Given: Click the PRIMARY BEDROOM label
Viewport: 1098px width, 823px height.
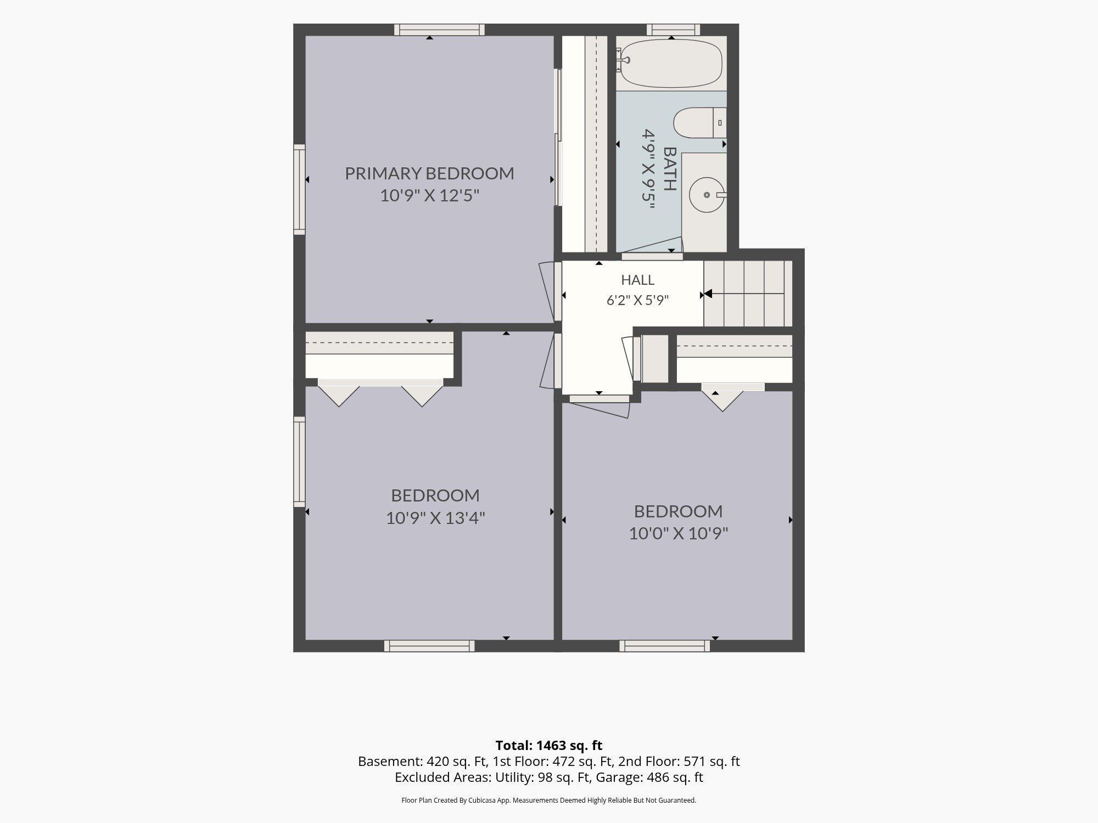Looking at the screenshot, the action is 429,173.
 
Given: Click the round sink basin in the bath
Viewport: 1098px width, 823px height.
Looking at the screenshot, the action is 707,195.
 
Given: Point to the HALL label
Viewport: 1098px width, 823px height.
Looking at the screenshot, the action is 637,280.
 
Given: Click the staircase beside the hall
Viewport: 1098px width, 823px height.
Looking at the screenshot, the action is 748,294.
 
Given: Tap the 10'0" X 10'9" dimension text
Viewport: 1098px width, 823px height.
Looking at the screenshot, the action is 679,533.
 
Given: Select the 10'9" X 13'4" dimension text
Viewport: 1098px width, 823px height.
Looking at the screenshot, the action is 435,518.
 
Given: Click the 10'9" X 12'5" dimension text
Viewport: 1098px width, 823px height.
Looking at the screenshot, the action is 430,196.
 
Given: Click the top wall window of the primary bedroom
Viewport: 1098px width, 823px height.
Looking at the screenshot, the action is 439,30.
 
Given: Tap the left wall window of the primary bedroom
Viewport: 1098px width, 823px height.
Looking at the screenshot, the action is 299,190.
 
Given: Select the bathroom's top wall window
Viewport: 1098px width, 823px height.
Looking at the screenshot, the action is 673,30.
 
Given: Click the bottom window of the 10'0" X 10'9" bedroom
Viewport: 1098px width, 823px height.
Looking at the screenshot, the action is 665,646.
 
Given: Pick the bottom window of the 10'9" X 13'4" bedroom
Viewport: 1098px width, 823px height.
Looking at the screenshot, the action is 429,646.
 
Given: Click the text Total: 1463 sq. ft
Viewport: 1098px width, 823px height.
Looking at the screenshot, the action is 549,746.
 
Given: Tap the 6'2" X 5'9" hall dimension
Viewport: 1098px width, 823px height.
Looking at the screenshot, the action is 637,301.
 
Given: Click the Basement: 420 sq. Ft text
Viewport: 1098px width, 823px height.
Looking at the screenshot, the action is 420,762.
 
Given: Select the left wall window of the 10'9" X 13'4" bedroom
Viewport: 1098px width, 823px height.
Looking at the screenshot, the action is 299,461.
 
